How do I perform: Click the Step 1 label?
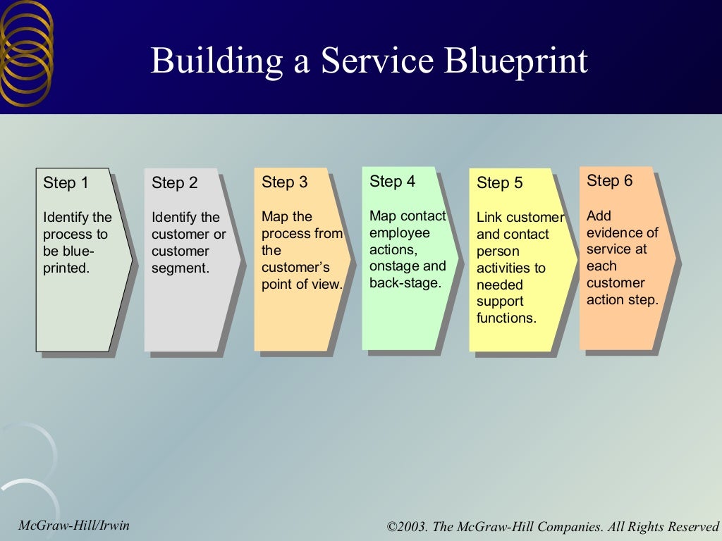66,183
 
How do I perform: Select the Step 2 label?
174,183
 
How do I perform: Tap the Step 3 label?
284,182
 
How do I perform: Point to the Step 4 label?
392,182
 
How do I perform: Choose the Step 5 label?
499,183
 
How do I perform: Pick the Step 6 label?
609,181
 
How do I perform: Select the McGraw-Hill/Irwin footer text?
74,525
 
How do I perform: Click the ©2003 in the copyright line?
408,526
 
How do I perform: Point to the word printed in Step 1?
66,268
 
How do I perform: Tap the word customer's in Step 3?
295,268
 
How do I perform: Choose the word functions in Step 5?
506,318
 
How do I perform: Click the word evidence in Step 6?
622,232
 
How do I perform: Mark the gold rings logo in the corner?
26,53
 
